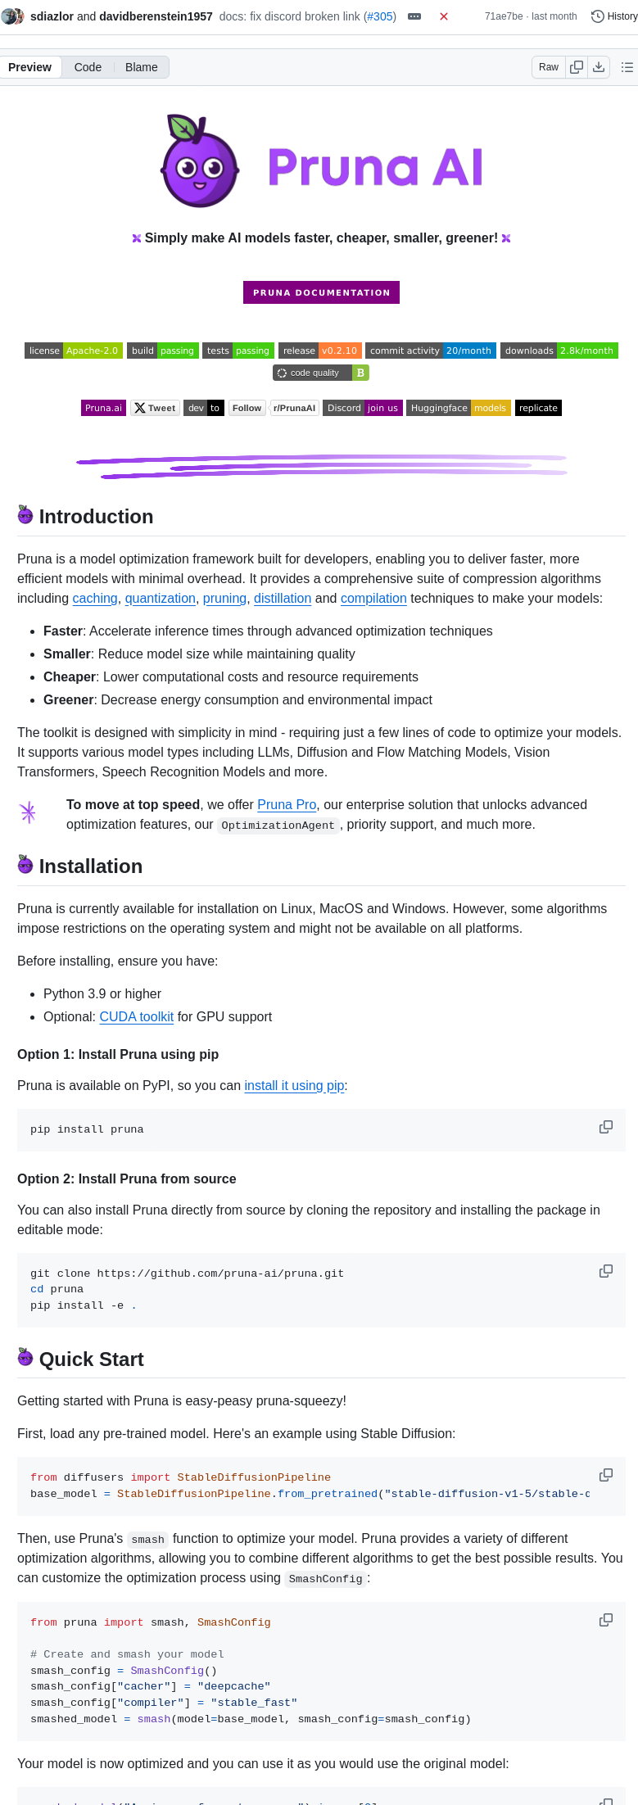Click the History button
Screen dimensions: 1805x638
pos(614,16)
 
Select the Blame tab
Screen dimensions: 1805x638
pos(141,67)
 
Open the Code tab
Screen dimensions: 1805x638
pos(88,67)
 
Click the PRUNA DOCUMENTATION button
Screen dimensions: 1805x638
pos(321,292)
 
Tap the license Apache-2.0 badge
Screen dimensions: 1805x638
pos(73,351)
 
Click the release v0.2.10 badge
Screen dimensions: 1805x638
pos(319,351)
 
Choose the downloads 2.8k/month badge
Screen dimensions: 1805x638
pos(559,351)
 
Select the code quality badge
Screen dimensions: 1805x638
pos(320,373)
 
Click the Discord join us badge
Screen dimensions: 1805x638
pos(362,408)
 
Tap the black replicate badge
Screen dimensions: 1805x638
pos(538,408)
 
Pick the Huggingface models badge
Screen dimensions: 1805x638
pos(458,408)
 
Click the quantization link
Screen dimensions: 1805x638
pos(160,599)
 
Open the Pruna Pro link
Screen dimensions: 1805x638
pos(287,805)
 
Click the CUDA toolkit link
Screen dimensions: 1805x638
pos(136,1017)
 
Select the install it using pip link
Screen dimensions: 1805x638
pos(294,1086)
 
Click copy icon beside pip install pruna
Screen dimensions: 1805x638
pos(606,1127)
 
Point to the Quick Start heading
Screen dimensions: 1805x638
pos(91,1359)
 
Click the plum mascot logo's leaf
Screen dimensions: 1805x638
pos(182,127)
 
